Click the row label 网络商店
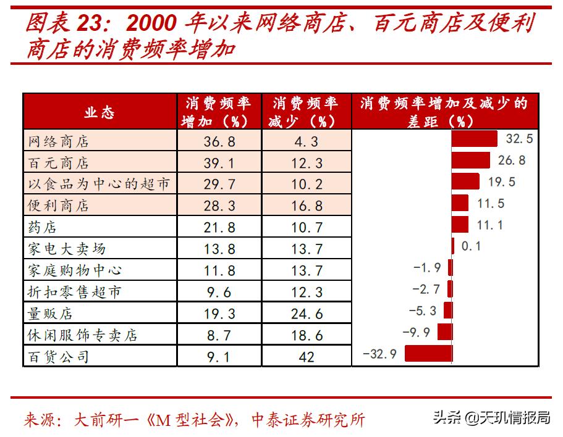tap(59, 141)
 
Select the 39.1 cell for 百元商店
tap(219, 163)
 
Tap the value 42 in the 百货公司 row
tap(306, 357)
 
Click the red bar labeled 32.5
tap(474, 139)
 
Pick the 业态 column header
tap(99, 112)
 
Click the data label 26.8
tap(512, 160)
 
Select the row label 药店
tap(43, 227)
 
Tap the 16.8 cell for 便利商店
tap(306, 206)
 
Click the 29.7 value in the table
tap(219, 184)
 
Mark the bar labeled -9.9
tap(444, 332)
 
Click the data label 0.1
tap(471, 246)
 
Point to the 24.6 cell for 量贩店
tap(306, 314)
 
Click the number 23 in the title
tap(93, 23)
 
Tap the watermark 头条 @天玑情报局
tap(491, 418)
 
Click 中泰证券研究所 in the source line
tap(309, 420)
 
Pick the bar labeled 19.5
tap(465, 181)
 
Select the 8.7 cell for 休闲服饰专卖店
tap(219, 335)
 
